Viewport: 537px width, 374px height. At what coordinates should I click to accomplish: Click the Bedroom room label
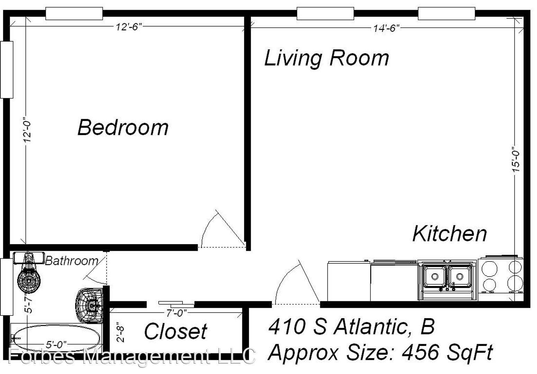tap(123, 127)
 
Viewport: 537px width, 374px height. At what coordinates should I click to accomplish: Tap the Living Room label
tap(326, 58)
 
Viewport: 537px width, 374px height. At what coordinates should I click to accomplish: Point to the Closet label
tap(176, 331)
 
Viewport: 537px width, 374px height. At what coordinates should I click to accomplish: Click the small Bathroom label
tap(72, 261)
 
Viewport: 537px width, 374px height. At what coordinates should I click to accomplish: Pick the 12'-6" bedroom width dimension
tap(129, 27)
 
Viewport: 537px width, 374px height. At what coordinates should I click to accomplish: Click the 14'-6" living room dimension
tap(386, 28)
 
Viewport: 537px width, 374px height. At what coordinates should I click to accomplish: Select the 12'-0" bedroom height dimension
tap(27, 130)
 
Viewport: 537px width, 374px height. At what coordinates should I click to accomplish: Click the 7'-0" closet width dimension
tap(177, 313)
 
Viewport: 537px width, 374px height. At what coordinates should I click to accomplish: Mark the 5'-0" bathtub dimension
tap(56, 345)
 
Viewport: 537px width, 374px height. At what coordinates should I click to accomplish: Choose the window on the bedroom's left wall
tap(7, 70)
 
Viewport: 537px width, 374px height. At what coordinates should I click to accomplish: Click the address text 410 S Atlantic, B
tap(351, 327)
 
